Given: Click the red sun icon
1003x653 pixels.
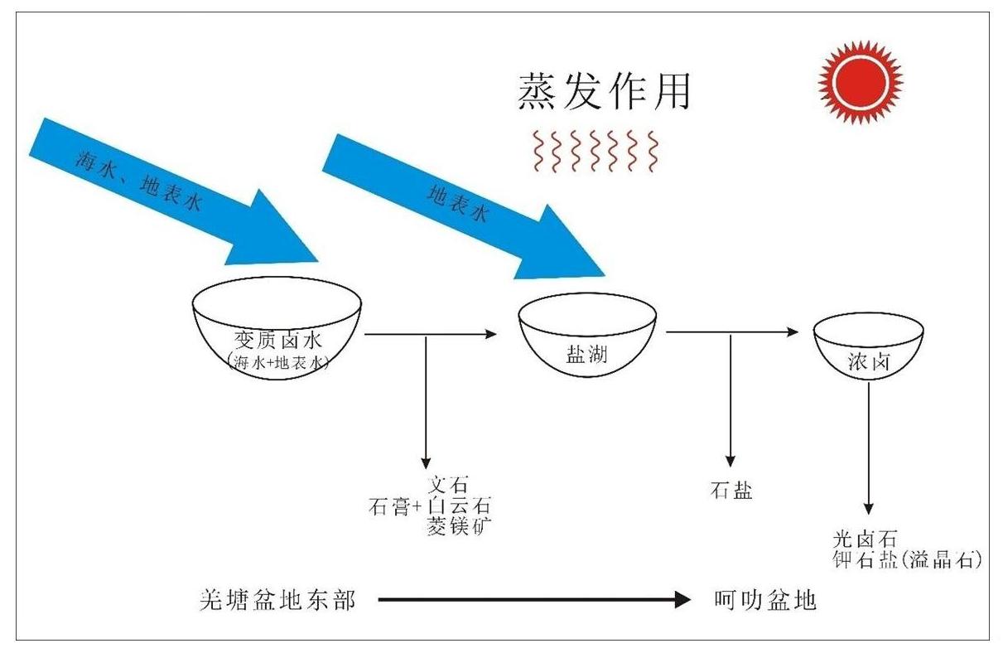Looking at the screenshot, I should (860, 81).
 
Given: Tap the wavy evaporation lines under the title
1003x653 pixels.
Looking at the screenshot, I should (596, 151).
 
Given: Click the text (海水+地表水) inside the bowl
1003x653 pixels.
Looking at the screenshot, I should (277, 361).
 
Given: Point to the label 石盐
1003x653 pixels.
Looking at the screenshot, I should (731, 490).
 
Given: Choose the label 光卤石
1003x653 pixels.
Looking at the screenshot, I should (866, 539).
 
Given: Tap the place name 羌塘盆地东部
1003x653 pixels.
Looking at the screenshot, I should (277, 599).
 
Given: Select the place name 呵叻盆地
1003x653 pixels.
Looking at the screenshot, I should (764, 599).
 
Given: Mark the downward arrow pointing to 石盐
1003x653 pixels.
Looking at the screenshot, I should (730, 398).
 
